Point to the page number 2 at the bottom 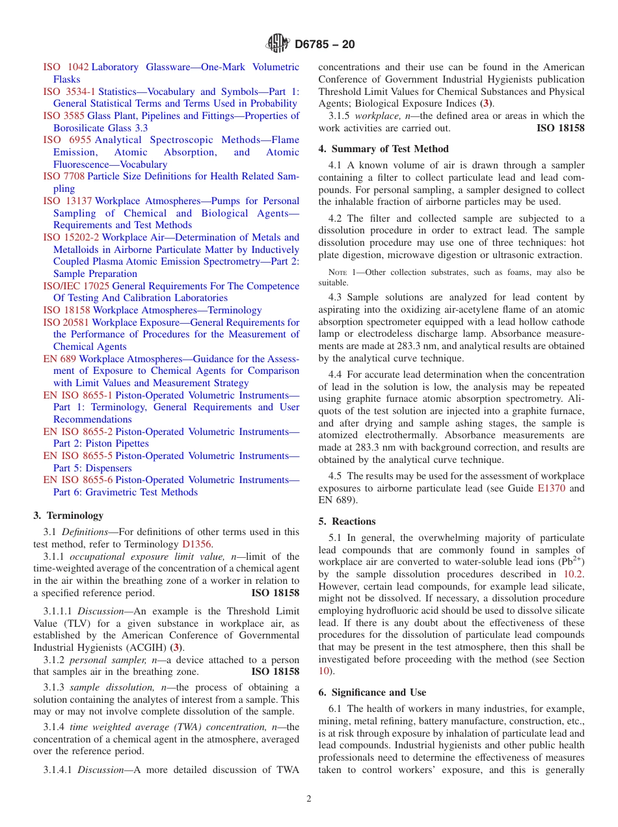click(309, 799)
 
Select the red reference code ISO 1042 click(66, 67)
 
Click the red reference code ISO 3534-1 click(69, 92)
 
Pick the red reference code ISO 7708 click(64, 176)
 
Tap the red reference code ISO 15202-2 click(71, 237)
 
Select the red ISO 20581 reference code click(66, 322)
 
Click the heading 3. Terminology click(68, 516)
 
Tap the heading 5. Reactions click(347, 521)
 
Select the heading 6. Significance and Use click(372, 692)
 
